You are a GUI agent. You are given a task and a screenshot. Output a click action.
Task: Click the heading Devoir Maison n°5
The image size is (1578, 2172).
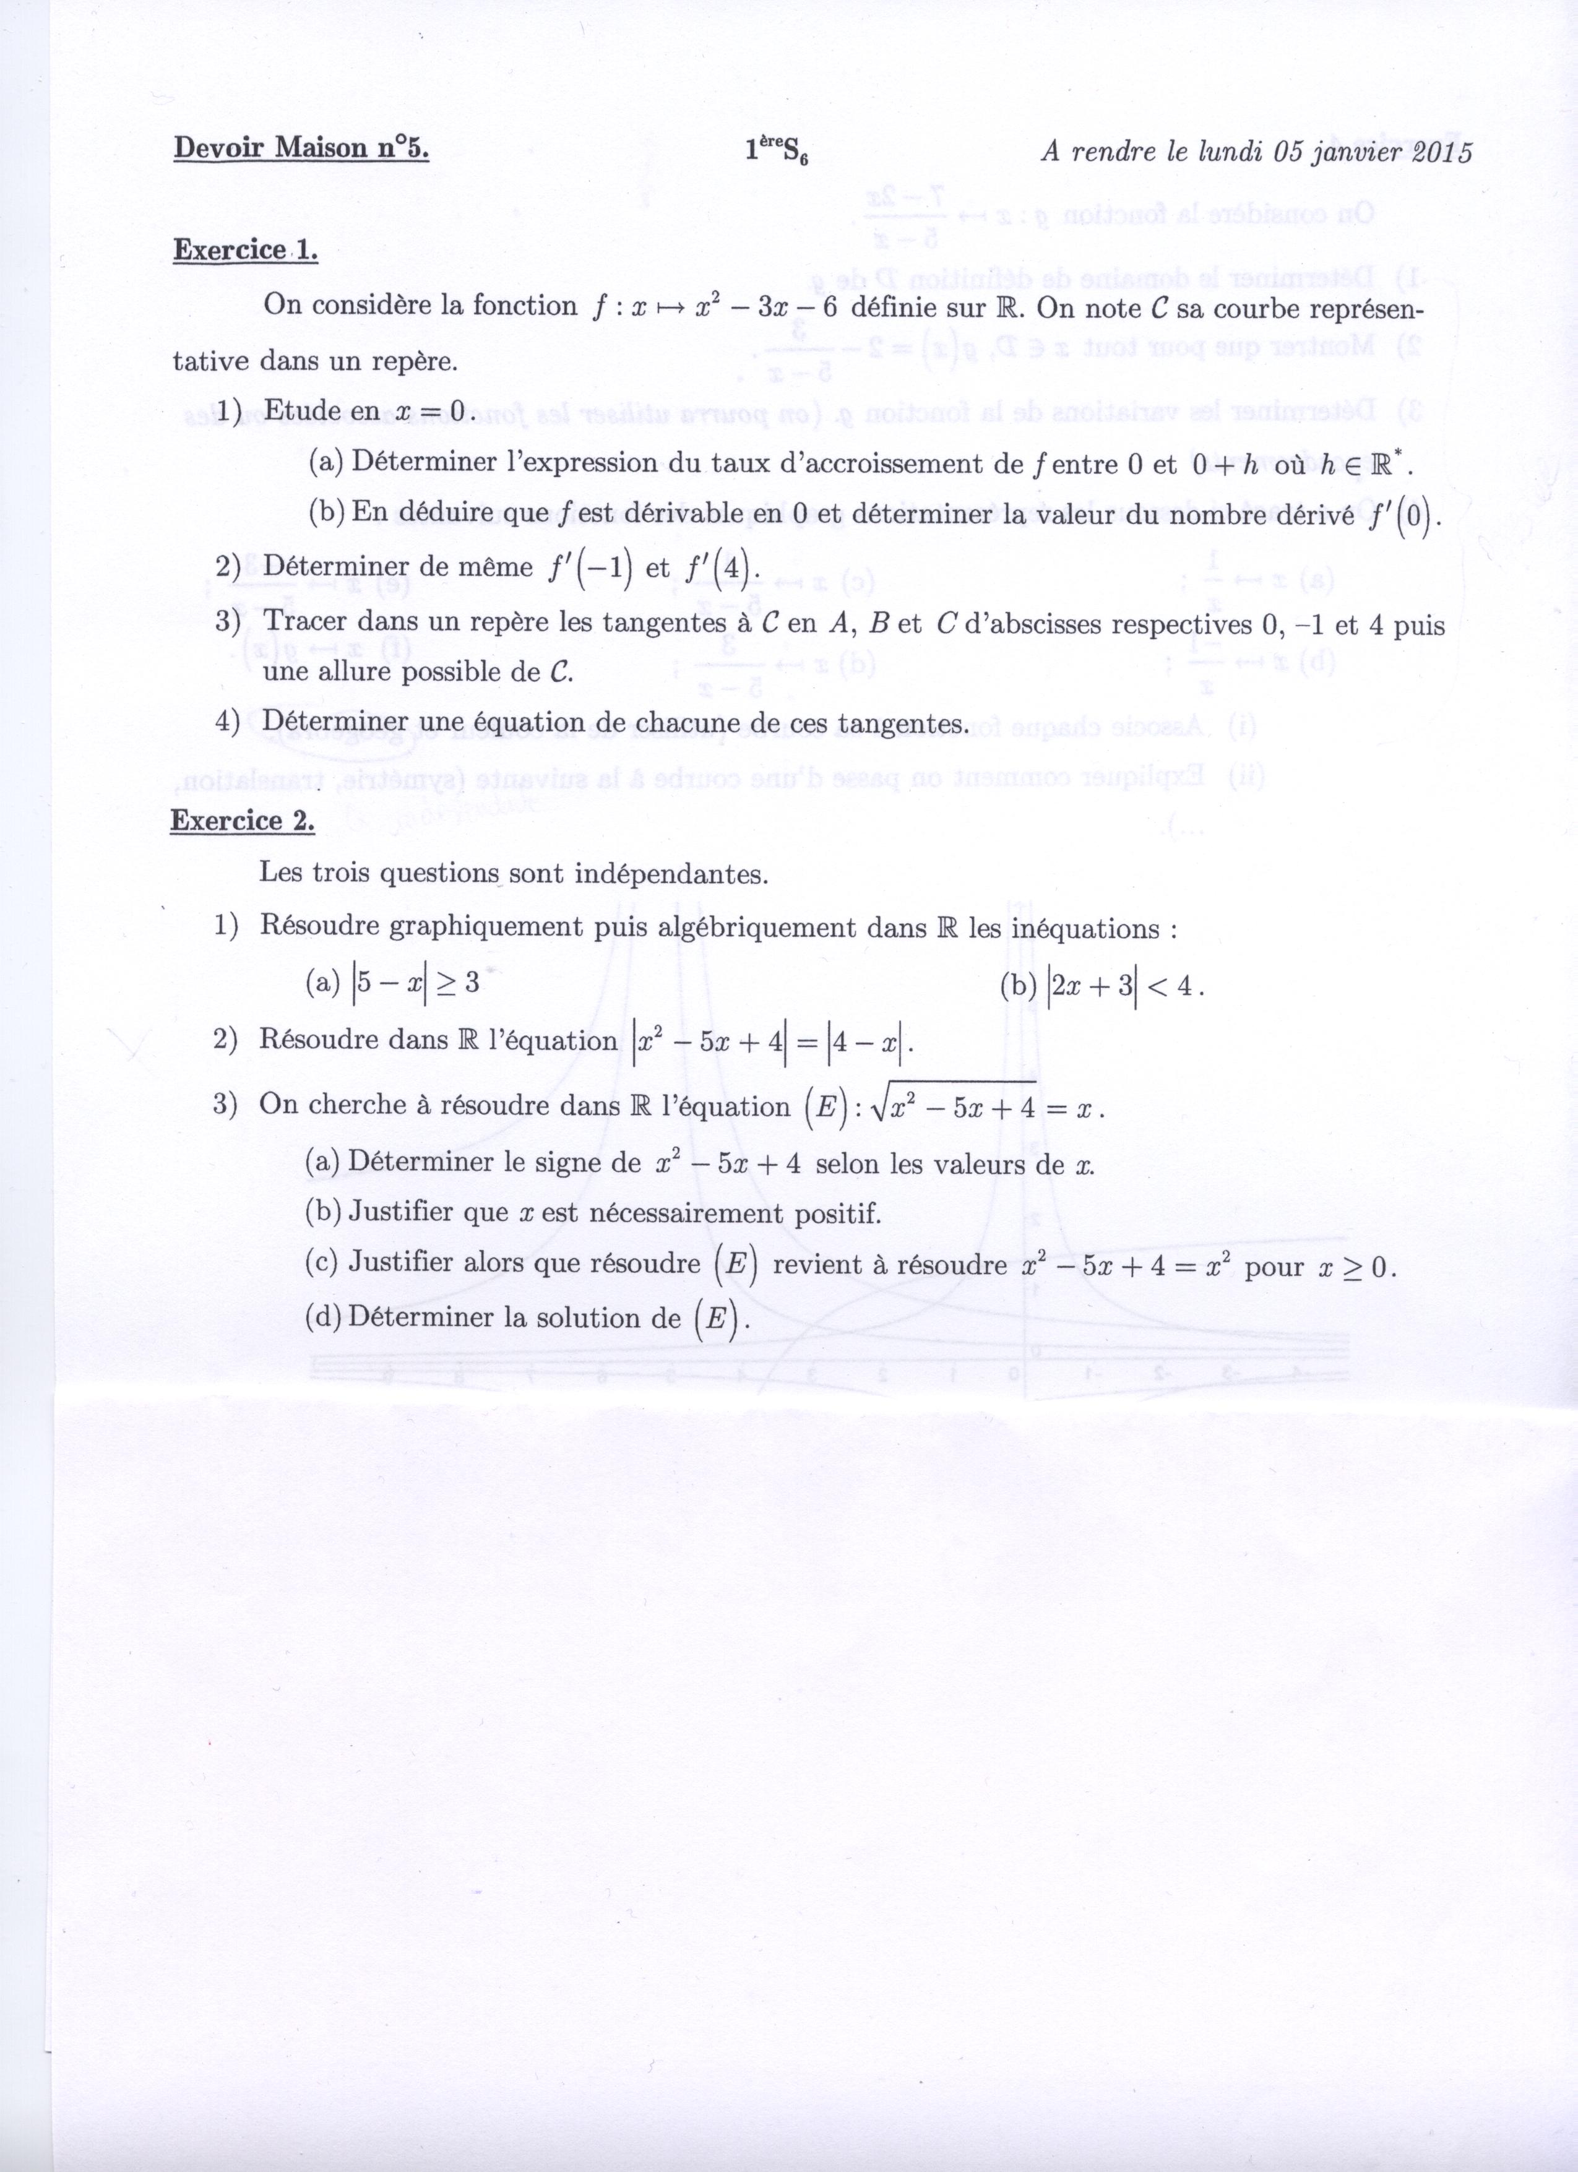pyautogui.click(x=301, y=149)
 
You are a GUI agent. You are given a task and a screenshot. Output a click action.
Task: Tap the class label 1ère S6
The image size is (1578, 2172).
pyautogui.click(x=777, y=152)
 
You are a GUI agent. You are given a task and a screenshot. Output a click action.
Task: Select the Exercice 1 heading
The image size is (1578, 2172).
pyautogui.click(x=244, y=250)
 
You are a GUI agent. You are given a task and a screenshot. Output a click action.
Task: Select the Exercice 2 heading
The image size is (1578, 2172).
pyautogui.click(x=242, y=821)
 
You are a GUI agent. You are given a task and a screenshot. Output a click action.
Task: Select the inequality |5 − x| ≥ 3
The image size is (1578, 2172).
pyautogui.click(x=413, y=985)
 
